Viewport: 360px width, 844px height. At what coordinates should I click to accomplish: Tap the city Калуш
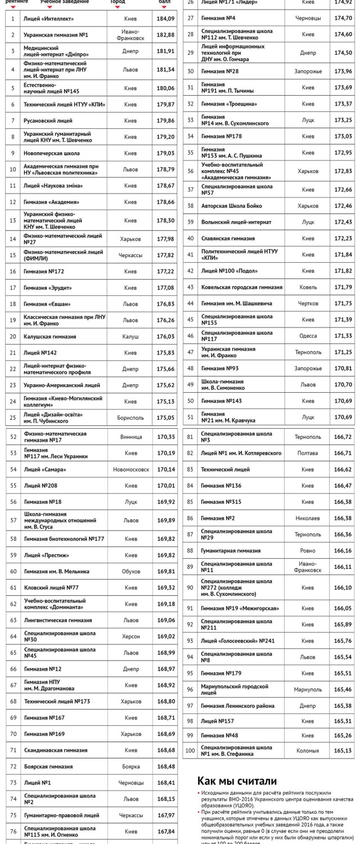click(x=130, y=336)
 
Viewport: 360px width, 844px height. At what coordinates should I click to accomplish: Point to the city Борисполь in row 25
click(x=130, y=417)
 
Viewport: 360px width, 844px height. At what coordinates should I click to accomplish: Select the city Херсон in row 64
click(x=130, y=636)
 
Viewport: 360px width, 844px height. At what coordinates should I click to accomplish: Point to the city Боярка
click(x=130, y=766)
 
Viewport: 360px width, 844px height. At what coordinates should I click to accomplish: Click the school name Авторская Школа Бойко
click(x=232, y=206)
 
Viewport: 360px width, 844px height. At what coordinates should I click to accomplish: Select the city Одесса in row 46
click(x=308, y=335)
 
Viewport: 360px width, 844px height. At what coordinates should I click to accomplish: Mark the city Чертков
click(x=308, y=303)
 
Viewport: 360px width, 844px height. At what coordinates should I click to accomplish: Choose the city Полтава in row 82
click(x=308, y=452)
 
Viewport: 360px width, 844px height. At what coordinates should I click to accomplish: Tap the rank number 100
click(x=190, y=750)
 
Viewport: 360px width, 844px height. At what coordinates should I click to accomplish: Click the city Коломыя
click(x=308, y=750)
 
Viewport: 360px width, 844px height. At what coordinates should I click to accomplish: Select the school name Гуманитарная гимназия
click(x=231, y=550)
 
